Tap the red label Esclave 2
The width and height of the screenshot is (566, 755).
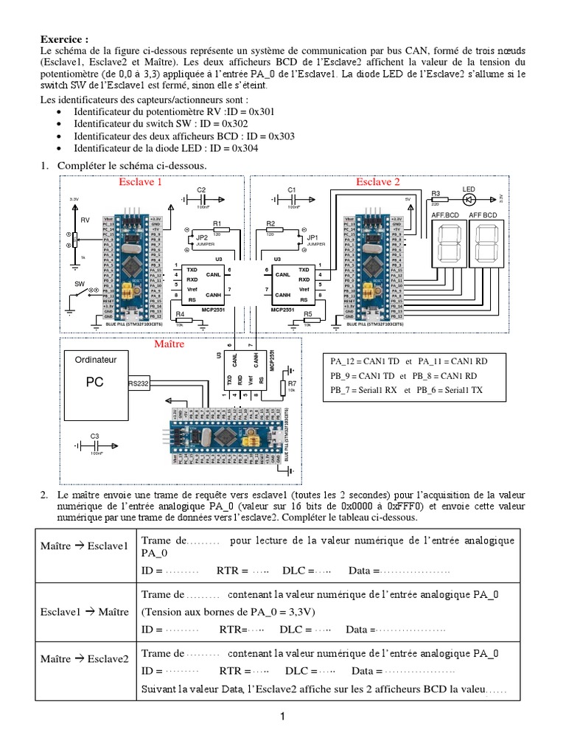(x=378, y=181)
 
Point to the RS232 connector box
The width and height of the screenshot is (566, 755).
(x=139, y=383)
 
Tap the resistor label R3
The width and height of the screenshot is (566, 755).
(x=436, y=193)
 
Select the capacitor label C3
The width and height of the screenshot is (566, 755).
(x=95, y=436)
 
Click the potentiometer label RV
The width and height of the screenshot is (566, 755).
(x=85, y=220)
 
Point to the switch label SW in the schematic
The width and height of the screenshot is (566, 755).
(x=80, y=283)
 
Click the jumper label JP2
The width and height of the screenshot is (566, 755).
(x=201, y=237)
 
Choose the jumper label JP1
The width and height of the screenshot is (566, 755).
(x=312, y=237)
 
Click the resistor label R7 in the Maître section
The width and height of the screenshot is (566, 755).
(x=292, y=383)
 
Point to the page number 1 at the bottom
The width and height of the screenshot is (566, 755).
(x=282, y=716)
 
